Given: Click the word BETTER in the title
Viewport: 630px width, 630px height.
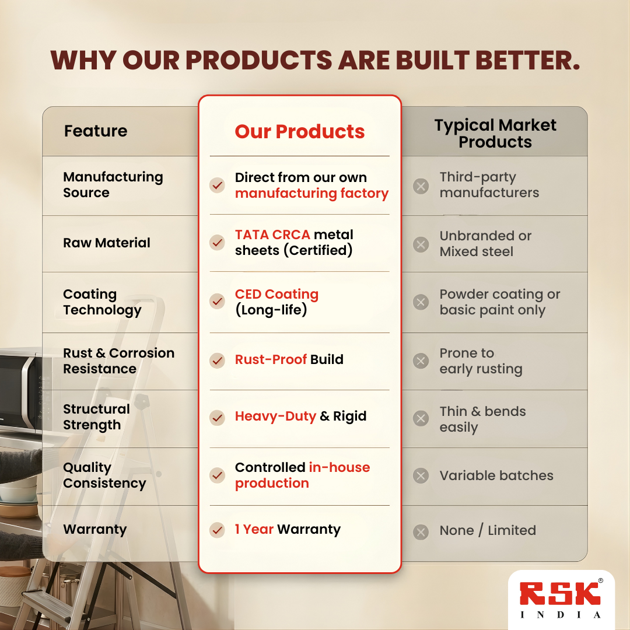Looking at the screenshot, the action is click(528, 60).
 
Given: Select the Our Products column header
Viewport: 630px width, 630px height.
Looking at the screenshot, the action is click(300, 131).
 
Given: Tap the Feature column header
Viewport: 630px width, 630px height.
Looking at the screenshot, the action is click(96, 131).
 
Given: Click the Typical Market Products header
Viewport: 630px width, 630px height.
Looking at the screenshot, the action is click(495, 134).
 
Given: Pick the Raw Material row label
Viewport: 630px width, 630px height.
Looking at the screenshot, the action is click(107, 243).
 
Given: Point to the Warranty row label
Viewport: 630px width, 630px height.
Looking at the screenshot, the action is click(95, 530).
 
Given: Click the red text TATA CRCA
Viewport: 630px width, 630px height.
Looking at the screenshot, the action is click(272, 235).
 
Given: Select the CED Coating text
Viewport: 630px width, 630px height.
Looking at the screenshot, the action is click(276, 295).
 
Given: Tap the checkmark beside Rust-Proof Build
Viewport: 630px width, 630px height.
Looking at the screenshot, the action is click(217, 360).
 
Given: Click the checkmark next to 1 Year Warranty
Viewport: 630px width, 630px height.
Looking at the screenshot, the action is click(217, 530).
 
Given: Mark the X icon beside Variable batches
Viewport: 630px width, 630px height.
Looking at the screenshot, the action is click(421, 476).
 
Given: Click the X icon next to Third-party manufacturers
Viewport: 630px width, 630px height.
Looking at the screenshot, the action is click(421, 186).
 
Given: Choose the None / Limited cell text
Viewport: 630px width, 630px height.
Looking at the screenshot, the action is click(488, 530).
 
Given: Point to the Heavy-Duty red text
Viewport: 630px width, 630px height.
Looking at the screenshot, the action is click(275, 416).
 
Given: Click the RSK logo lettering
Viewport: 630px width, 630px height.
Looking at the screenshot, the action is click(560, 594).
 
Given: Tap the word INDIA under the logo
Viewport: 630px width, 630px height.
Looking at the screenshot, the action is click(561, 615).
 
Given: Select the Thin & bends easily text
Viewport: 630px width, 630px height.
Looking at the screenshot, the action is click(482, 419).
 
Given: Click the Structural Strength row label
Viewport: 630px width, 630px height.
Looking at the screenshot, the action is click(96, 417).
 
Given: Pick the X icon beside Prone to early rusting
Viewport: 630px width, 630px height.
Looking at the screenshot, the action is click(421, 361).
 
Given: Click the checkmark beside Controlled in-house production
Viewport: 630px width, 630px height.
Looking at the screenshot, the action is click(217, 475).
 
